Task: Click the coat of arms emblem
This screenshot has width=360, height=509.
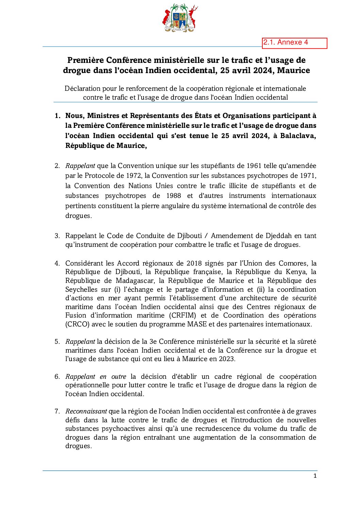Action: coord(180,18)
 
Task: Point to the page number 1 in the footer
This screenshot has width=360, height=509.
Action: coord(315,476)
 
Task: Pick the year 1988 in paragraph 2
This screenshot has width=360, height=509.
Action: coord(174,196)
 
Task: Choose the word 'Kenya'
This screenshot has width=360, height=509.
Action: coord(296,272)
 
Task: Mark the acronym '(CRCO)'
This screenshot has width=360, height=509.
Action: coord(77,324)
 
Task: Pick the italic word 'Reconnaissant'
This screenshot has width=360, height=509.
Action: coord(86,411)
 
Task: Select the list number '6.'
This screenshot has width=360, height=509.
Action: coord(57,377)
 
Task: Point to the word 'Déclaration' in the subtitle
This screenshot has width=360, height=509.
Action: coord(82,89)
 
